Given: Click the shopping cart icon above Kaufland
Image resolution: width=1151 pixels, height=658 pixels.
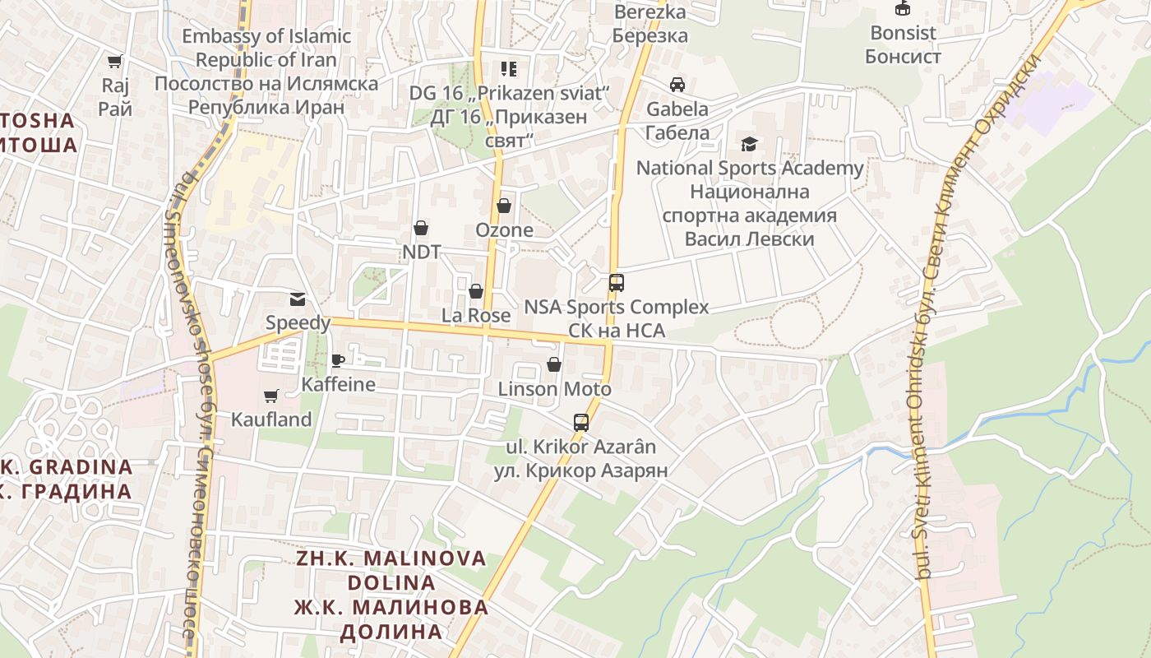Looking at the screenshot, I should coord(271,396).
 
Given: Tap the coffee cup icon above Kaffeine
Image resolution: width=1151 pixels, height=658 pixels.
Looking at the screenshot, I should coord(337,359).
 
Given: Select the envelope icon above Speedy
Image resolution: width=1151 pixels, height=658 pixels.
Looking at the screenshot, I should coord(297,299).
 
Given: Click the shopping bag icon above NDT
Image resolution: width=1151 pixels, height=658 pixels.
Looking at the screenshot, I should coord(421,227).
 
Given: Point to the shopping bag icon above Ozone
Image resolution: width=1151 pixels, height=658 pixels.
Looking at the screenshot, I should coord(504,206).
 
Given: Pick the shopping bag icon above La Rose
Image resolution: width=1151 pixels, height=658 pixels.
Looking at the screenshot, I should coord(475,291).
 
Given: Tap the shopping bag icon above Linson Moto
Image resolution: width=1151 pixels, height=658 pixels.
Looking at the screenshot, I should coord(554,364).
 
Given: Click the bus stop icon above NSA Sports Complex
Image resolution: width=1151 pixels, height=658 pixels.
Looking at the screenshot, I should coord(616,283).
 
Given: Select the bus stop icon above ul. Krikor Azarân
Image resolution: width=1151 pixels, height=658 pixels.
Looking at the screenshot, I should coord(580,423).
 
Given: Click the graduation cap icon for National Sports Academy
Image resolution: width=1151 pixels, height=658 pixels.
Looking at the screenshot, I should coord(749,144).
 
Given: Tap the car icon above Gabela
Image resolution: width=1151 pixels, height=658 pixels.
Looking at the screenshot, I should coord(677,85).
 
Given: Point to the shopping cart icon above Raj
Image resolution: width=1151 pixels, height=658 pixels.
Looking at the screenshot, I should coord(115,61).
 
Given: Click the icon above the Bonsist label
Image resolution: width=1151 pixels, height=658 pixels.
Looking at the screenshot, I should coord(903,9).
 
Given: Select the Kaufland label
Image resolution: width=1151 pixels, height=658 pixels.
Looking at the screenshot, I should coord(271,419).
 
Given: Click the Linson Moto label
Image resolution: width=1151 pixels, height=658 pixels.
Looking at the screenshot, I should coord(554,389).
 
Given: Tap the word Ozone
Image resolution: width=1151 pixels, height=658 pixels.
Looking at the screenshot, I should coord(504,230).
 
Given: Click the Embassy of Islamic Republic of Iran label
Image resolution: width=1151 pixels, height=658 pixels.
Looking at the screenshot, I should coord(266,48).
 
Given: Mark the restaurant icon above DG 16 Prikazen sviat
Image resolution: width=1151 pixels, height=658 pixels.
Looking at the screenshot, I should coord(509,69).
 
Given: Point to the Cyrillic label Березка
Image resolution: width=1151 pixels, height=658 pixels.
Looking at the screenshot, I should coord(649,36).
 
